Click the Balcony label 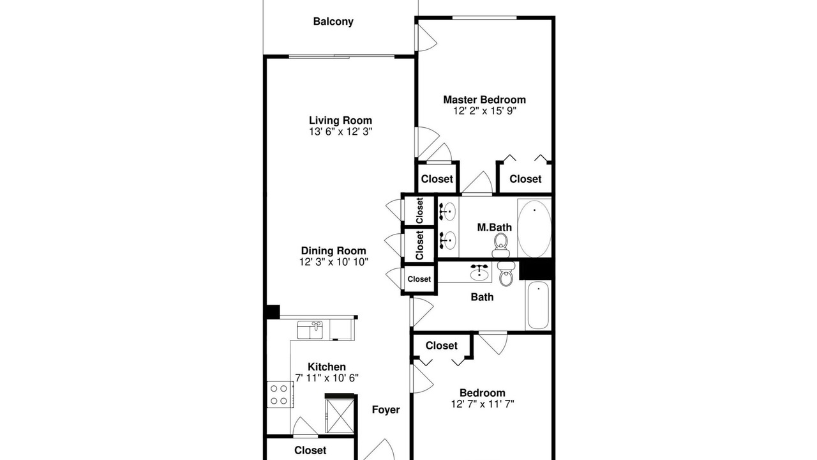(x=333, y=22)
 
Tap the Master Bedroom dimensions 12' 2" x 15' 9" (x=484, y=111)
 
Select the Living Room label (x=340, y=120)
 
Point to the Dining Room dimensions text (x=334, y=262)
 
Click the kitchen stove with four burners (x=280, y=394)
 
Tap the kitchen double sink (x=310, y=330)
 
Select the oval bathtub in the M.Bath (x=534, y=229)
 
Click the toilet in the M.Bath (x=500, y=246)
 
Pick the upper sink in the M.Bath (x=448, y=211)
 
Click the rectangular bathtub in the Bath (x=538, y=305)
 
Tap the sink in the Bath (x=479, y=272)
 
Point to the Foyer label (x=386, y=410)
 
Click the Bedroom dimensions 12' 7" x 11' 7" (x=483, y=404)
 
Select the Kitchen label (x=326, y=367)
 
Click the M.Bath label (x=494, y=227)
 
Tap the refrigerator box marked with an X (x=340, y=416)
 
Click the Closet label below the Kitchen (x=310, y=450)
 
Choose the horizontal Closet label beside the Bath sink (x=419, y=279)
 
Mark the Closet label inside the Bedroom (x=441, y=346)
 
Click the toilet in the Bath (x=506, y=273)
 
